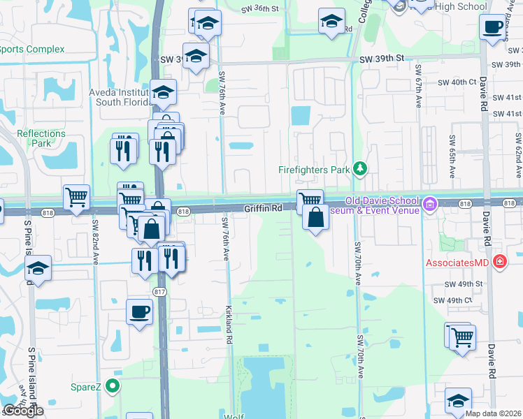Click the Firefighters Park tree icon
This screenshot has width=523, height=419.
tap(360, 168)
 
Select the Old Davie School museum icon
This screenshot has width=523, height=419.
tap(429, 205)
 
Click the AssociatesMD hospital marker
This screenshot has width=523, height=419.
tap(500, 263)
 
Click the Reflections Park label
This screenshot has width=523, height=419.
tap(41, 138)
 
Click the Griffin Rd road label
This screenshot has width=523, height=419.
tap(262, 208)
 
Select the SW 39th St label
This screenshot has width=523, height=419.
tap(382, 59)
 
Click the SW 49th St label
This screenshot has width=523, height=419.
tap(464, 284)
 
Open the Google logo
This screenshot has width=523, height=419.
tap(23, 410)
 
